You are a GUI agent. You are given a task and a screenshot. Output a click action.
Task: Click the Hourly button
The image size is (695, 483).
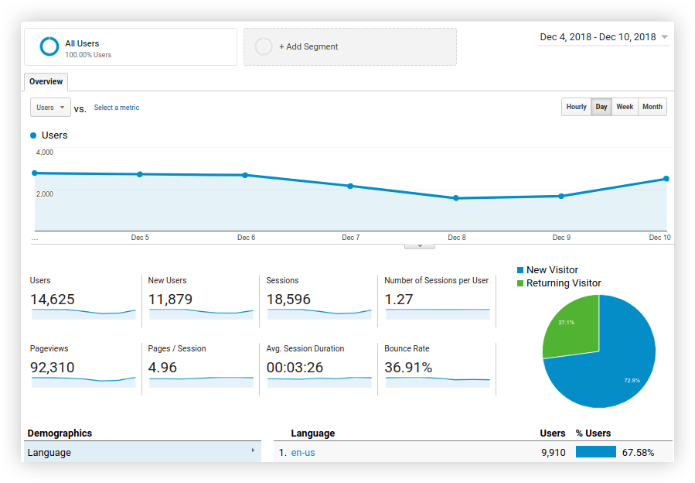pyautogui.click(x=576, y=107)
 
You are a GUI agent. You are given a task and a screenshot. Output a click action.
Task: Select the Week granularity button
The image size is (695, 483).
pyautogui.click(x=625, y=107)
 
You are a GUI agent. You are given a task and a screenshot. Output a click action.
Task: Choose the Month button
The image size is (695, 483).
pyautogui.click(x=652, y=107)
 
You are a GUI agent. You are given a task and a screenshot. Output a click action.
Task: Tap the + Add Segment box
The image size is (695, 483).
pyautogui.click(x=349, y=46)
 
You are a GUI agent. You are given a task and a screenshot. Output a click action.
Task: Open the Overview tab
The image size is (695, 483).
pyautogui.click(x=46, y=81)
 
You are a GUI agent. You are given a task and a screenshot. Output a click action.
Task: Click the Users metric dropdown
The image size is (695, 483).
pyautogui.click(x=50, y=108)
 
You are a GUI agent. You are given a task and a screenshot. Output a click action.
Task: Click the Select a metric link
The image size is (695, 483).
pyautogui.click(x=117, y=108)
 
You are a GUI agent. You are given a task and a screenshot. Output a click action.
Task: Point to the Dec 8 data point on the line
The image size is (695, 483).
pyautogui.click(x=456, y=198)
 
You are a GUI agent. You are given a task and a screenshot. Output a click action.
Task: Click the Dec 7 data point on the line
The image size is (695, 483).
pyautogui.click(x=350, y=186)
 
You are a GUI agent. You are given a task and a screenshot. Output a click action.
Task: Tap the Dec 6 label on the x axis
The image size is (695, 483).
pyautogui.click(x=246, y=238)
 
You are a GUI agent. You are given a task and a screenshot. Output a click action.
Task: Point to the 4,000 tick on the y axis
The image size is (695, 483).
pyautogui.click(x=45, y=152)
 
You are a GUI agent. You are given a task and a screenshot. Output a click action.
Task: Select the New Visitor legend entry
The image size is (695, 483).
pyautogui.click(x=552, y=270)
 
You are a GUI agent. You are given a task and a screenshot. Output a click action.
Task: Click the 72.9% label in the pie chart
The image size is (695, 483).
pyautogui.click(x=632, y=381)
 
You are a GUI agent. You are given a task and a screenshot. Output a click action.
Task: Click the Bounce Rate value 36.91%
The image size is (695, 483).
pyautogui.click(x=408, y=368)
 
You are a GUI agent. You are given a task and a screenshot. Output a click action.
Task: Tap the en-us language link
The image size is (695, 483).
pyautogui.click(x=302, y=453)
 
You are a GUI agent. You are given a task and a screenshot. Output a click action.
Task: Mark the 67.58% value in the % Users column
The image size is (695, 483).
pyautogui.click(x=638, y=453)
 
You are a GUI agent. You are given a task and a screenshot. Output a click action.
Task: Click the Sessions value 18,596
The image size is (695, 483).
pyautogui.click(x=290, y=300)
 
